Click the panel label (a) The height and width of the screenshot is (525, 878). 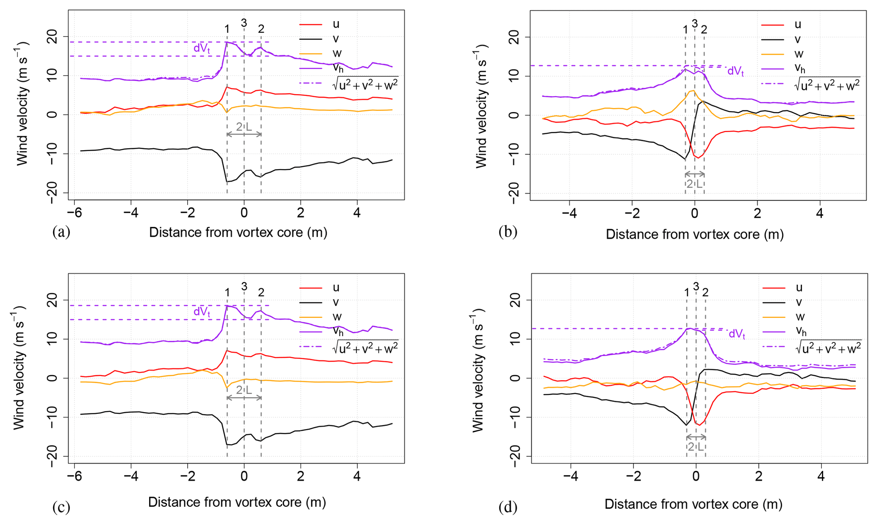click(x=61, y=232)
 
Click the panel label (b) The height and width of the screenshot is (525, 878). click(x=508, y=232)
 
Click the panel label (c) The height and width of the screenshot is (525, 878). click(x=61, y=507)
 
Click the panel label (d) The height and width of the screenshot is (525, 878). click(x=508, y=507)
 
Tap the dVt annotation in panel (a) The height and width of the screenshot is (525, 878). click(x=202, y=48)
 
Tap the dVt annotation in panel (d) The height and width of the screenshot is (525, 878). click(x=737, y=334)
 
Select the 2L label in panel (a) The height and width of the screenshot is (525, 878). click(x=244, y=126)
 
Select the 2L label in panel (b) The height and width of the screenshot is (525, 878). click(x=694, y=184)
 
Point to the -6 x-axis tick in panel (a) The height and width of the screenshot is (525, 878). click(x=74, y=213)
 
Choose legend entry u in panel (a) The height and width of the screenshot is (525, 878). click(x=336, y=25)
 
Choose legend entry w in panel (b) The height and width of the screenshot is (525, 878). click(x=799, y=54)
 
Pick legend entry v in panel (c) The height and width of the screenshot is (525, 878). click(x=336, y=303)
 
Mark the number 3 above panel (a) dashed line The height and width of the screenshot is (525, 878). click(x=244, y=23)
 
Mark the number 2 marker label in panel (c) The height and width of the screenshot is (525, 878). click(x=261, y=292)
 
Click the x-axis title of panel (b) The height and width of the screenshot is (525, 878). click(x=694, y=235)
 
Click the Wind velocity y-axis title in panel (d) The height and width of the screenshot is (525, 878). click(x=478, y=373)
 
